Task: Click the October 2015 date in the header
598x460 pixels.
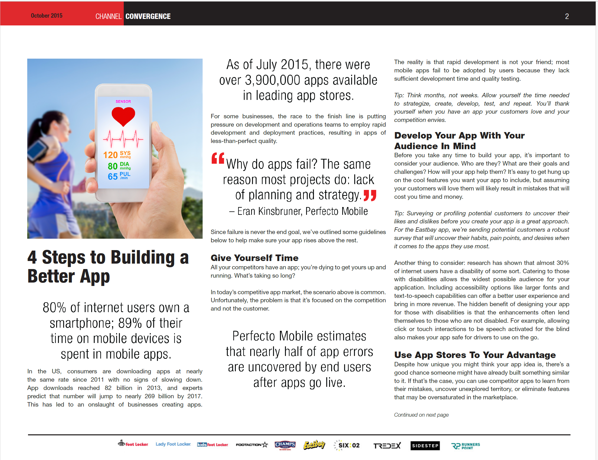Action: coord(46,16)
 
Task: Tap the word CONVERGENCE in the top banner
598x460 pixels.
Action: coord(148,16)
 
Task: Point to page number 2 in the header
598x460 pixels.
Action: coord(567,16)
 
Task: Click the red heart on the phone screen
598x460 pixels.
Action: coord(123,116)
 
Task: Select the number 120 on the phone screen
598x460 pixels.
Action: coord(110,155)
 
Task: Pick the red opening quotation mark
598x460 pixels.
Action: coord(218,158)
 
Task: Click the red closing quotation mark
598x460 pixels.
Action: coord(370,196)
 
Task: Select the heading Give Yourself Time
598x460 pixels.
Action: coord(254,258)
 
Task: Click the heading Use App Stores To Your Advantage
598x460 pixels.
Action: coord(475,355)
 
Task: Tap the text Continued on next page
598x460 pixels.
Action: coord(421,415)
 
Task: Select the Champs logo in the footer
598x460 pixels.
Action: coord(285,445)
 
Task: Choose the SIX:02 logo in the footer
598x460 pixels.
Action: coord(347,445)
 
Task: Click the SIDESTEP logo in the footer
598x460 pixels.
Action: coord(425,445)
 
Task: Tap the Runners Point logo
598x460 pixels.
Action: coord(466,446)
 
